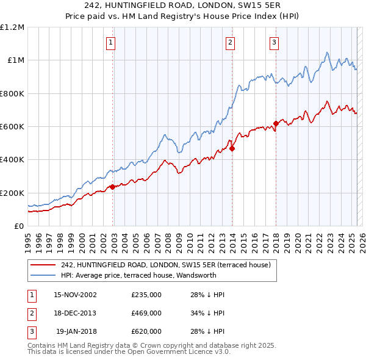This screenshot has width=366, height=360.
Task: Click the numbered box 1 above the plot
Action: [110, 42]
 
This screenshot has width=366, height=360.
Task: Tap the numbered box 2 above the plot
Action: [230, 42]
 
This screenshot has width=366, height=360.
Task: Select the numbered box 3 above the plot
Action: [274, 42]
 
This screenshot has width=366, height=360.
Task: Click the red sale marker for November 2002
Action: [113, 187]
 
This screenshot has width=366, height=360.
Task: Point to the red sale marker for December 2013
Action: [232, 148]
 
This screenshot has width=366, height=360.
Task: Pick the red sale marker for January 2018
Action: [276, 123]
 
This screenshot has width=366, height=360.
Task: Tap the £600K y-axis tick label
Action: [12, 127]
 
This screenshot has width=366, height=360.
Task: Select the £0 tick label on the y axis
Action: [18, 226]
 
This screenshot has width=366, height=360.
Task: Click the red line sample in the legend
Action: [42, 265]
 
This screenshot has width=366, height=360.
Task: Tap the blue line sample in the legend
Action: [42, 275]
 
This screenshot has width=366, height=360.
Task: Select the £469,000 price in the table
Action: [146, 313]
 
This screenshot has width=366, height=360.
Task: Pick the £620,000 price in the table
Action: [146, 331]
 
